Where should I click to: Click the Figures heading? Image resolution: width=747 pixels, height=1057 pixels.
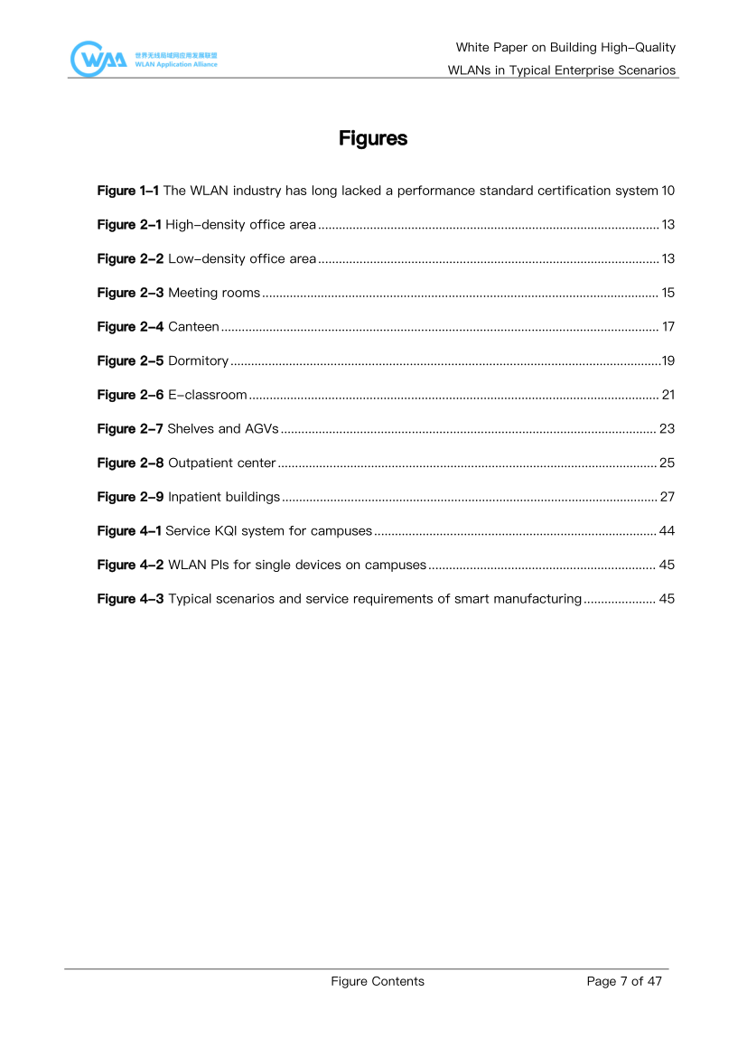(373, 139)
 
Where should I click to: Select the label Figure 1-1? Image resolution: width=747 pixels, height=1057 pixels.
(128, 191)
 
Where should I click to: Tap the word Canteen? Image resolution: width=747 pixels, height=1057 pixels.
(193, 326)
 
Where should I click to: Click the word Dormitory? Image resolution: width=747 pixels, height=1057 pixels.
(198, 360)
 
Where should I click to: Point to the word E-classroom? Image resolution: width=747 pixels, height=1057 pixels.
(207, 395)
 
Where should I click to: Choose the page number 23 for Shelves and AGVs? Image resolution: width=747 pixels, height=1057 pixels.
(668, 428)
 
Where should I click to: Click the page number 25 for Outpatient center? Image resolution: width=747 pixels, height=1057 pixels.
(668, 463)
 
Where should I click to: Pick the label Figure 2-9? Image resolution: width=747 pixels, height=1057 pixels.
(130, 497)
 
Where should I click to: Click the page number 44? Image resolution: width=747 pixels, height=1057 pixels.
(668, 530)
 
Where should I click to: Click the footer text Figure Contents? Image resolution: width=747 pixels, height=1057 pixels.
(378, 981)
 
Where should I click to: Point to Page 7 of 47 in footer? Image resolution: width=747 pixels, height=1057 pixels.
(624, 981)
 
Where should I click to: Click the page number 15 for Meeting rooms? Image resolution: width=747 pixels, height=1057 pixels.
(668, 293)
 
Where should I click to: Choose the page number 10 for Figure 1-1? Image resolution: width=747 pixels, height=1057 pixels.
(668, 191)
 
